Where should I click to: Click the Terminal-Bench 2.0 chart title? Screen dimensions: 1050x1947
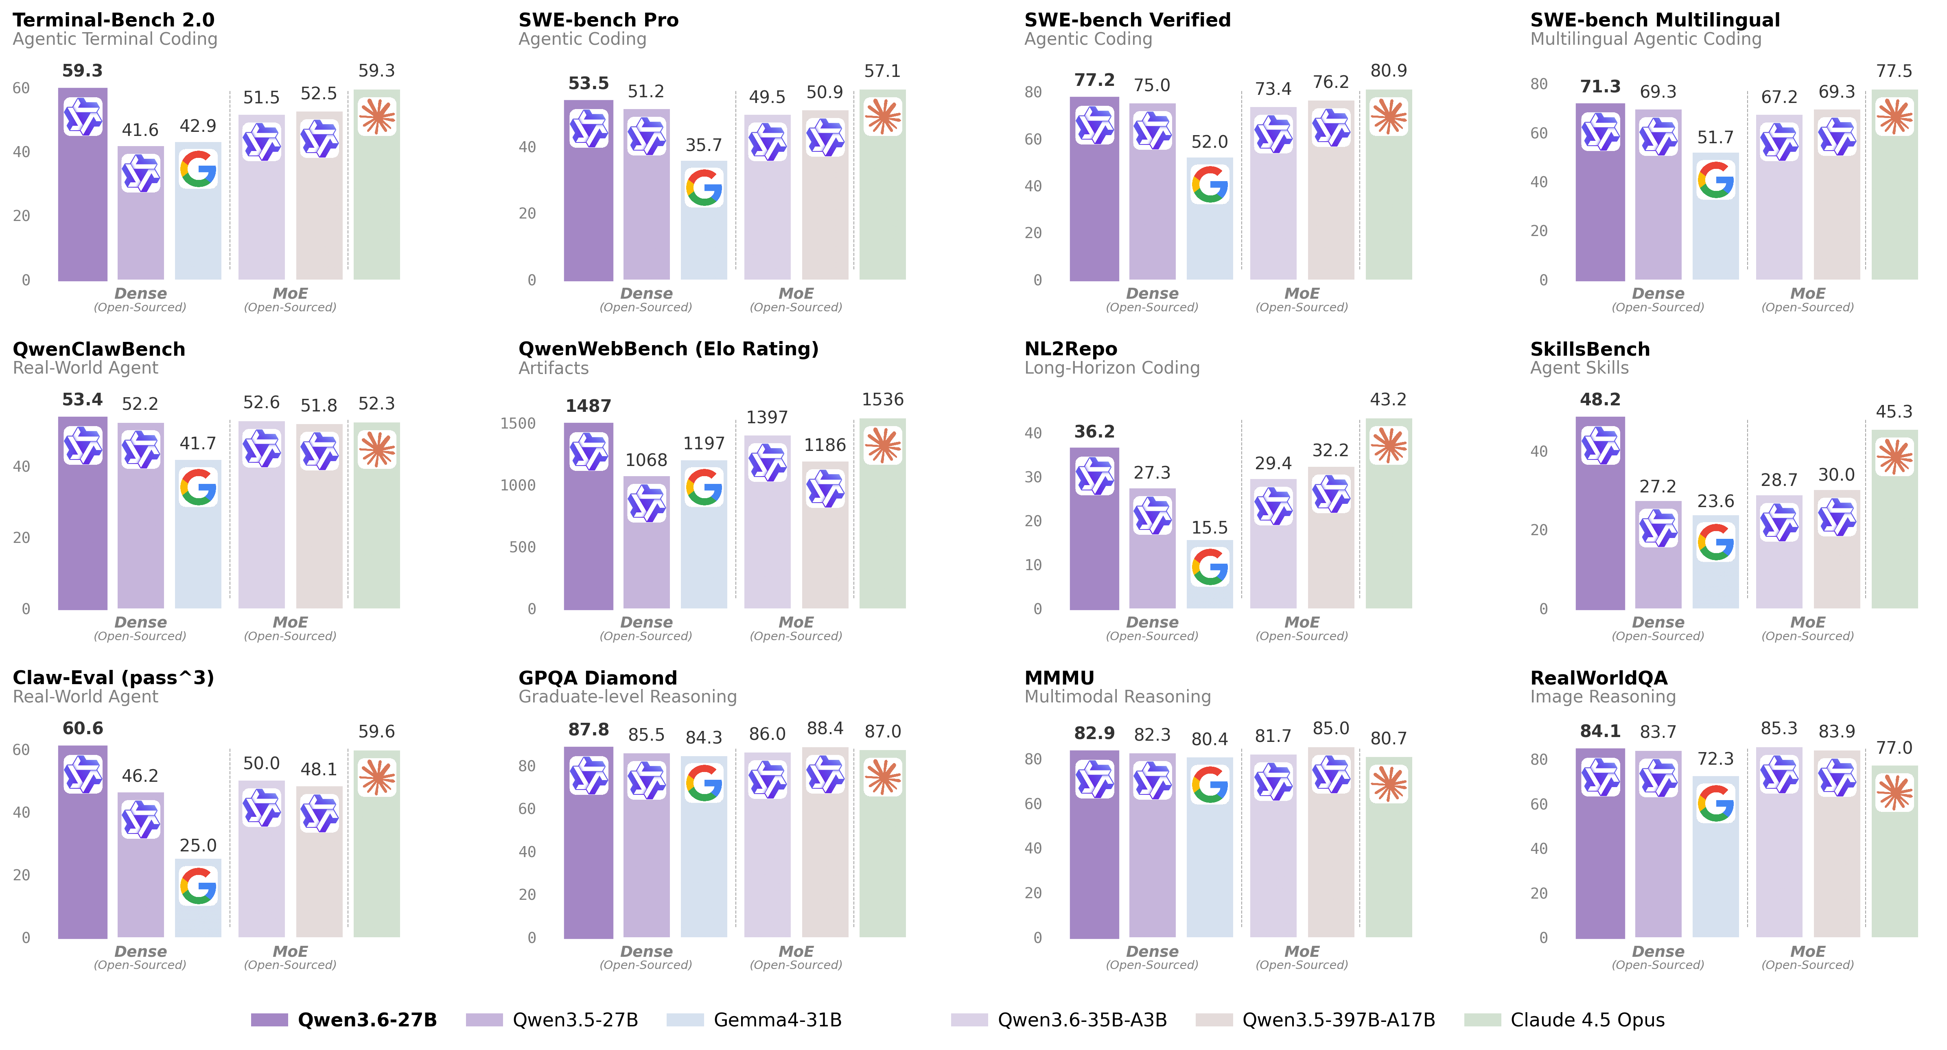pos(114,20)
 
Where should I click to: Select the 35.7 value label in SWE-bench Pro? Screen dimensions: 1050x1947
pos(704,145)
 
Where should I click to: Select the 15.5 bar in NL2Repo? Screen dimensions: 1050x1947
pos(1209,575)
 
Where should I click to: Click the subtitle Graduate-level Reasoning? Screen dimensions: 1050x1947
pos(627,696)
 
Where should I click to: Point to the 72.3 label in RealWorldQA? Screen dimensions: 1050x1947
pos(1715,758)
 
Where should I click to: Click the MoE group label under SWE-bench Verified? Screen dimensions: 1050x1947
pos(1302,293)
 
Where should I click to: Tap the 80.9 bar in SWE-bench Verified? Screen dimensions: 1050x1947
pos(1389,204)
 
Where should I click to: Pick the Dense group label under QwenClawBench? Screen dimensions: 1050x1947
pos(140,622)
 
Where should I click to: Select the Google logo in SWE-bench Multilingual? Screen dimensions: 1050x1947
pos(1715,180)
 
